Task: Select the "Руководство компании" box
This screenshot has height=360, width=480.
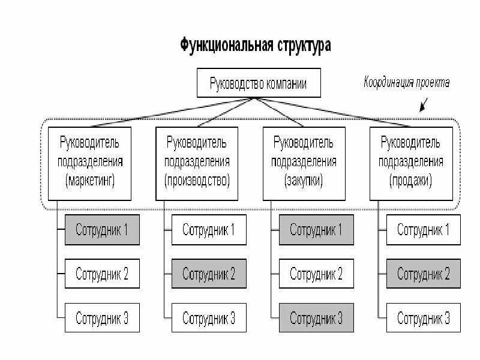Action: (x=259, y=83)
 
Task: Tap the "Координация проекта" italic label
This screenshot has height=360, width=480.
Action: (x=406, y=83)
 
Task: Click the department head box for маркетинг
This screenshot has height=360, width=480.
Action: (x=89, y=163)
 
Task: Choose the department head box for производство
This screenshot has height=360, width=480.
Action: (x=197, y=163)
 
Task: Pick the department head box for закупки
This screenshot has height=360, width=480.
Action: (x=304, y=163)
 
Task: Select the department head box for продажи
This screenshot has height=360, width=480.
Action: (x=411, y=163)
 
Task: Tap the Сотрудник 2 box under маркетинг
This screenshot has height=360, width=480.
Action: (x=102, y=275)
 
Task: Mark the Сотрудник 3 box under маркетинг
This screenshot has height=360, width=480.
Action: (x=102, y=318)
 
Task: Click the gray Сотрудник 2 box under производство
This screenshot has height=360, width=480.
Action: (x=209, y=275)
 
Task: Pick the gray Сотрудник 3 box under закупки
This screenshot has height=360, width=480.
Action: (x=316, y=318)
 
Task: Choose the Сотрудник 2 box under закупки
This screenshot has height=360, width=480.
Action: (x=316, y=275)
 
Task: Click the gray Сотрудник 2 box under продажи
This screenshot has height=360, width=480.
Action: (x=424, y=275)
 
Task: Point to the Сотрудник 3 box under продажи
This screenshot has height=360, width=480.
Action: (x=424, y=318)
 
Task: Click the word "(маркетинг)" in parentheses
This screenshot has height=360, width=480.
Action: (x=90, y=180)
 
